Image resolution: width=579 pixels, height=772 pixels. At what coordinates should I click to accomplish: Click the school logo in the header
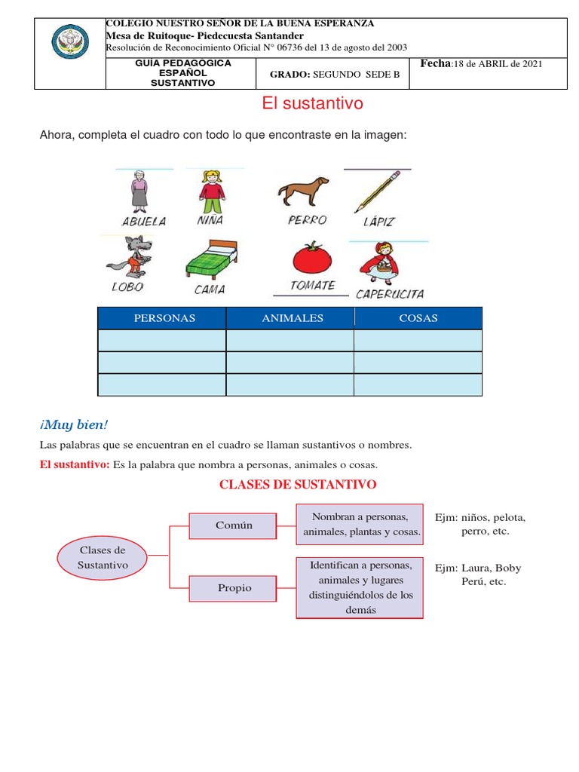(x=70, y=42)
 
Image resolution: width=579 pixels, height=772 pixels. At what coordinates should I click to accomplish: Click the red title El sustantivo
(x=312, y=104)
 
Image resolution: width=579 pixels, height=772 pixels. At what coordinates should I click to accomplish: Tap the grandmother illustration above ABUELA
(x=139, y=189)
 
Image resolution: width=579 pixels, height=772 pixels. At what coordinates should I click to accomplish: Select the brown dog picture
(x=303, y=191)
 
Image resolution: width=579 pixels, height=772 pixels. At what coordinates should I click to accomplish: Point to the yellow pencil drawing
(x=377, y=191)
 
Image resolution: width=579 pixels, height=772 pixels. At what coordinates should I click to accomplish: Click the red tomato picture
(x=312, y=257)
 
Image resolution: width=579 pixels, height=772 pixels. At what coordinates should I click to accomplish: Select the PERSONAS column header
(x=164, y=318)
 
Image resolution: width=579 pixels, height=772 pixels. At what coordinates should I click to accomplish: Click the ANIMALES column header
(x=292, y=318)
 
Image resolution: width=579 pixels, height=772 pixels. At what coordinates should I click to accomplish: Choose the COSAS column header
(x=418, y=318)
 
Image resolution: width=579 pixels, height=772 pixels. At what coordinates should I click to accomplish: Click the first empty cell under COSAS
(x=418, y=341)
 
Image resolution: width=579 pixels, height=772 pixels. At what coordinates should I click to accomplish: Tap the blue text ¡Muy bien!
(x=74, y=425)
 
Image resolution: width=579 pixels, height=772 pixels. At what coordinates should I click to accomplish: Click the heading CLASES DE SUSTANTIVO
(x=298, y=484)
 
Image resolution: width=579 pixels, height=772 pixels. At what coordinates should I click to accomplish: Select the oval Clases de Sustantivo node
(x=103, y=558)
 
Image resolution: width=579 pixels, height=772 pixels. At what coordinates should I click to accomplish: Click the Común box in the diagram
(x=234, y=525)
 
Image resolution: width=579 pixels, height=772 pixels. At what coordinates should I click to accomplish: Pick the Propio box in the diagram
(x=234, y=588)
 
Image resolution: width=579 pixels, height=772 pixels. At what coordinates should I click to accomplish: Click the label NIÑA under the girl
(x=210, y=221)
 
